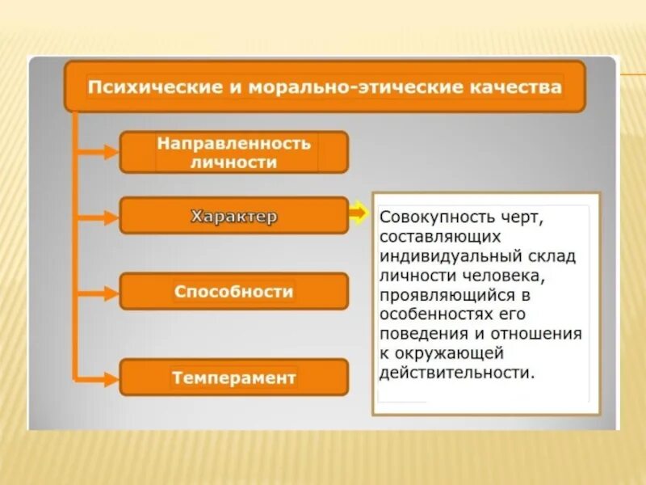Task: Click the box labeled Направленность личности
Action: pos(234,152)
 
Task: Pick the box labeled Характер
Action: pos(234,216)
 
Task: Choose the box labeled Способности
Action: pos(234,291)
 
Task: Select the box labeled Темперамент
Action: pos(234,377)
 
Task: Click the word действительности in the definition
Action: pos(457,373)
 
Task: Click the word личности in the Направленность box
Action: pos(234,162)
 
